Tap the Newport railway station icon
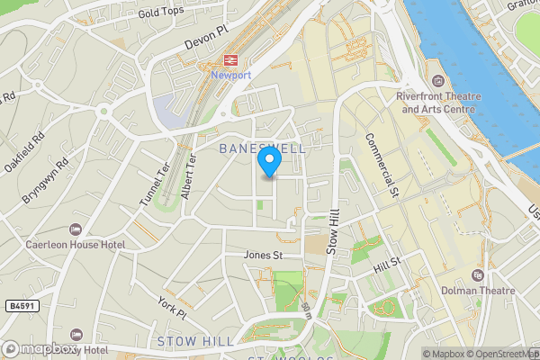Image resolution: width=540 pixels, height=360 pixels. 230,60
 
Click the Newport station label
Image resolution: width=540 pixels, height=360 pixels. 231,76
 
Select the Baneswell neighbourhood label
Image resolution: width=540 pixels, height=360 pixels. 262,147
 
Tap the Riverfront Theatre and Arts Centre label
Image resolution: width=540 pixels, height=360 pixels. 437,103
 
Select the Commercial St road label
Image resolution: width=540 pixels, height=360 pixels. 381,164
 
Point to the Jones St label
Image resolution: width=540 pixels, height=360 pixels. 264,256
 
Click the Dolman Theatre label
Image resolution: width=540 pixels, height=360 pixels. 478,291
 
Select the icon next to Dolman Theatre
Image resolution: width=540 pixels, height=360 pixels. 478,274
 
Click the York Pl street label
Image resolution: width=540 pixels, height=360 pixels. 171,307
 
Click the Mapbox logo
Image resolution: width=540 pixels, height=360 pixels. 40,348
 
